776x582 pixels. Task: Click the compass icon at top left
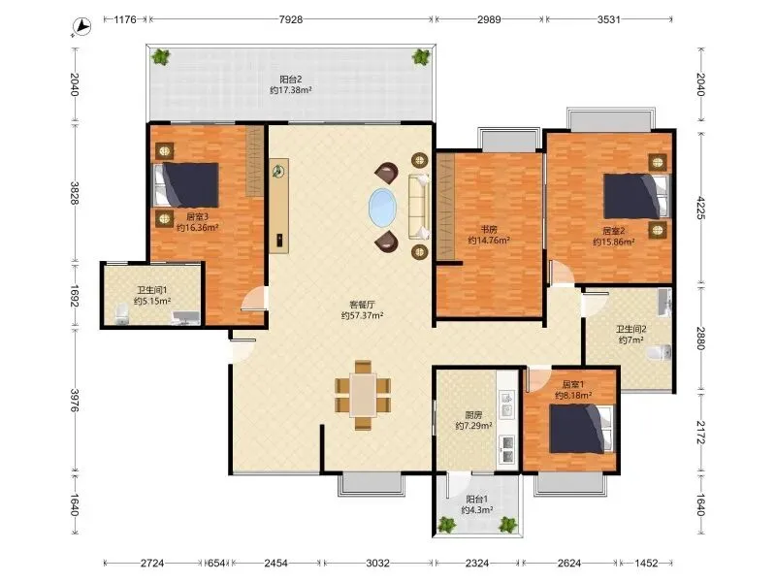coord(82,26)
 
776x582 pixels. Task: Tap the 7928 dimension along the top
coord(290,19)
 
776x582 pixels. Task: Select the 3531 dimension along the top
coord(609,19)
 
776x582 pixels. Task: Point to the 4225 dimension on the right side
coord(700,208)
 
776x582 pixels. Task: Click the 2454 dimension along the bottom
coord(276,563)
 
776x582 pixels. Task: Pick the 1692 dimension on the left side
coord(75,296)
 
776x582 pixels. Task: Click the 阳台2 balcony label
coord(290,80)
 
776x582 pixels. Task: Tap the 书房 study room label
coord(489,230)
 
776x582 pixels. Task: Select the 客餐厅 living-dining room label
coord(362,305)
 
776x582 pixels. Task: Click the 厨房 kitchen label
coord(473,415)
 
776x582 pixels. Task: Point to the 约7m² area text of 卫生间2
coord(631,340)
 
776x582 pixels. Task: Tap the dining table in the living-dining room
coord(363,395)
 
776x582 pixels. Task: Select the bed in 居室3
coord(186,185)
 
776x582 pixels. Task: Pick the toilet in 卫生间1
coord(122,314)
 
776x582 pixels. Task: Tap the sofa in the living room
coord(419,207)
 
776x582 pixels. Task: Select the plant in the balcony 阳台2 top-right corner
coord(421,57)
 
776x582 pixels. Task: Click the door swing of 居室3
coord(253,299)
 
